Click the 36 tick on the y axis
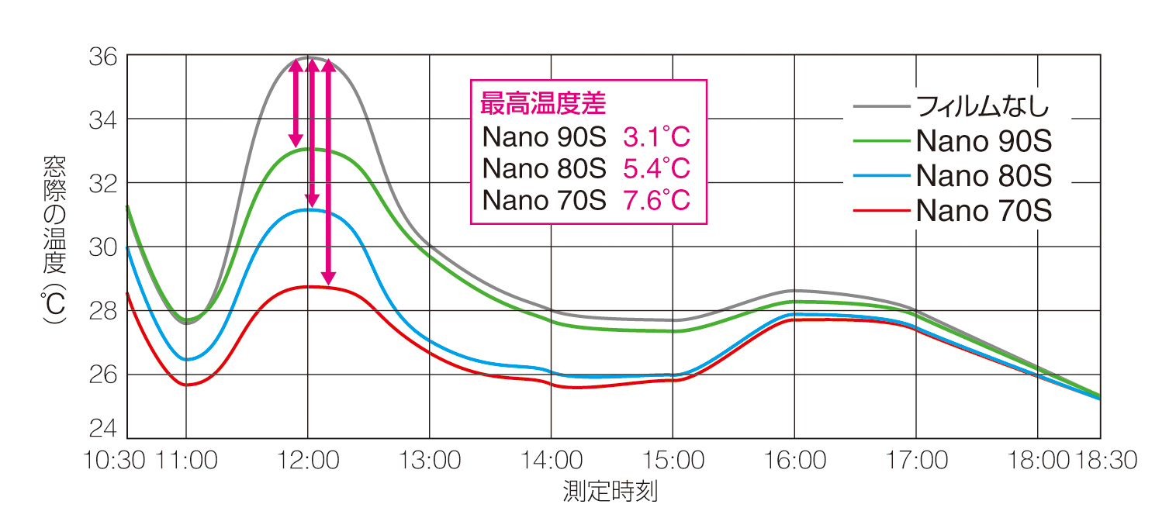click(x=105, y=57)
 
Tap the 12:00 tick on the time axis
click(x=308, y=461)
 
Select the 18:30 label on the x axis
click(x=1105, y=461)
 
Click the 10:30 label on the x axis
click(x=115, y=461)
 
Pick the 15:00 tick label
click(x=673, y=461)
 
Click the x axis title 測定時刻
click(x=610, y=492)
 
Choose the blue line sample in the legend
click(x=880, y=176)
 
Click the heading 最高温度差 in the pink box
click(x=543, y=102)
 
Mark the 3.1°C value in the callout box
click(x=656, y=138)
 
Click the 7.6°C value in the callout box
click(x=656, y=201)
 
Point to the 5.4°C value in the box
click(x=656, y=169)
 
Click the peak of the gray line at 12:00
click(x=309, y=57)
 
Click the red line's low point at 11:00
click(x=187, y=385)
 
